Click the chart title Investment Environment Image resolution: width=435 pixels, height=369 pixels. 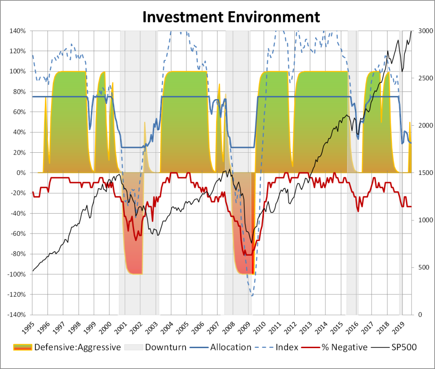point(230,17)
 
